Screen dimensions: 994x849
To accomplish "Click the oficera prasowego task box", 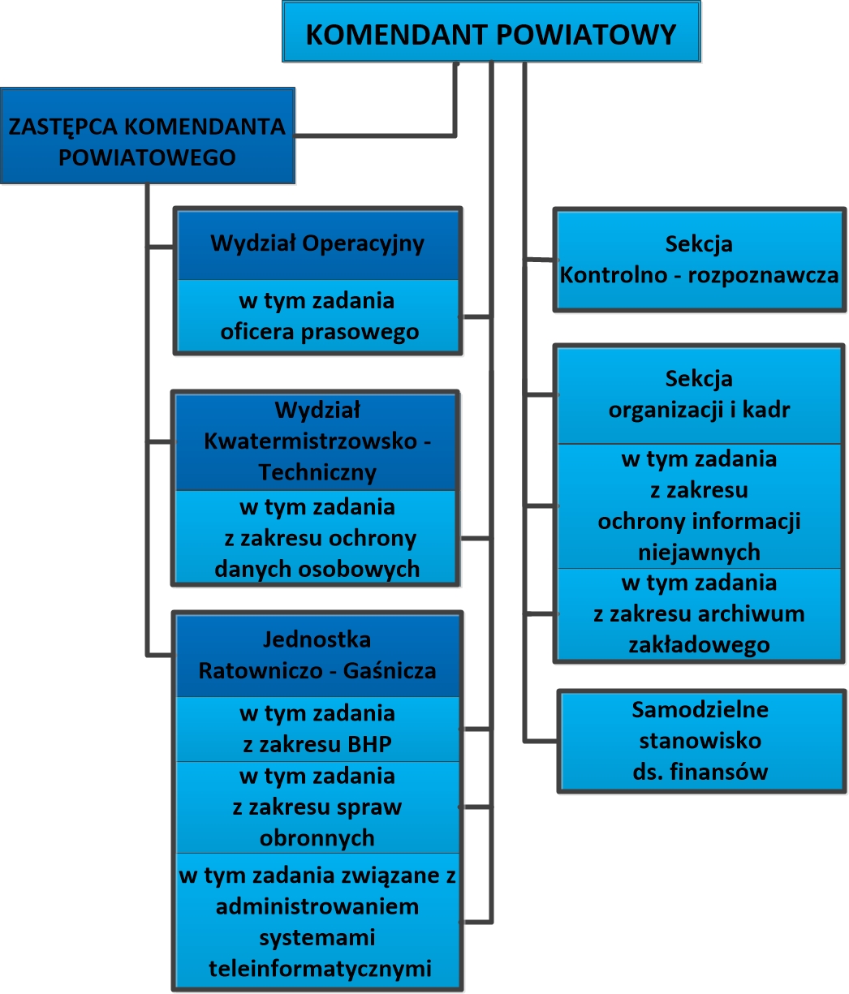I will [317, 316].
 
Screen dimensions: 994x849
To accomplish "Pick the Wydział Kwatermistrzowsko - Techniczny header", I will [317, 441].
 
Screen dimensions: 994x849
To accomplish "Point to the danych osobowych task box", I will [317, 537].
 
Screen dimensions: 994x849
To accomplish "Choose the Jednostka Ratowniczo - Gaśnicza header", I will [317, 656].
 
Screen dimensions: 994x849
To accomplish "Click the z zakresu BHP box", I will [317, 729].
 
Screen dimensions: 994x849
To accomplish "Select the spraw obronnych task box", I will [317, 807].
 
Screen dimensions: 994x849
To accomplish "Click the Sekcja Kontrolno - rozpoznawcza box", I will [699, 260].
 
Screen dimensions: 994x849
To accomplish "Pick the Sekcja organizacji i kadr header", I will [699, 394].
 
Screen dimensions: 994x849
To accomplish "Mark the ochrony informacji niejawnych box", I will [699, 506].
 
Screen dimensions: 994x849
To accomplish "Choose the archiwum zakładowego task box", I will [699, 613].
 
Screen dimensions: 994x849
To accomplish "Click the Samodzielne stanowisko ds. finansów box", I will [700, 740].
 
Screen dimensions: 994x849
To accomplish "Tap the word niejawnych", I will [699, 553].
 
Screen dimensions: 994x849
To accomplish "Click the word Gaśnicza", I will [390, 671].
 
